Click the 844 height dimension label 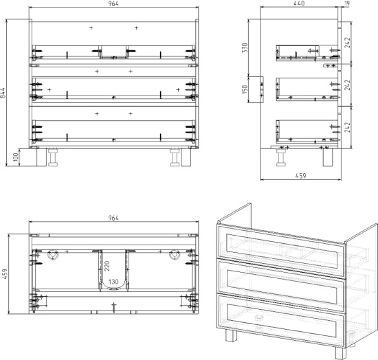click(3, 93)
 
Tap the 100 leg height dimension click(16, 157)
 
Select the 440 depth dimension click(299, 3)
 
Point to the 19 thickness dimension click(347, 3)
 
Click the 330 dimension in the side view click(245, 47)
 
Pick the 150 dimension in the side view click(245, 89)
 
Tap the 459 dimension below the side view click(300, 176)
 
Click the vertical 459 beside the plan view click(5, 274)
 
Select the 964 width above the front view click(113, 3)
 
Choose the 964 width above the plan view click(113, 218)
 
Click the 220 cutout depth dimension click(107, 266)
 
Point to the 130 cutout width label click(113, 282)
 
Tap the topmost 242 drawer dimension click(347, 43)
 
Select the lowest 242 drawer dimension click(347, 127)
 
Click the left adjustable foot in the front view click(53, 157)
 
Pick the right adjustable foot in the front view click(175, 157)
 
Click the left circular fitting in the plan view click(53, 255)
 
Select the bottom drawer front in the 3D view click(281, 317)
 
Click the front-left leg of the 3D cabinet click(231, 336)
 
